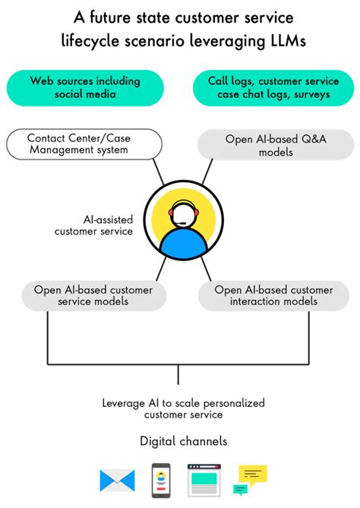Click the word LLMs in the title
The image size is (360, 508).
point(282,43)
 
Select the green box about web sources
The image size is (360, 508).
point(87,87)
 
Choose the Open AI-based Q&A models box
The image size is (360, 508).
point(276,145)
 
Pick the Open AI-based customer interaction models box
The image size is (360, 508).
point(273,295)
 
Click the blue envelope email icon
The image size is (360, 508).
point(117,480)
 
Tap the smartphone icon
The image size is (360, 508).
point(161,479)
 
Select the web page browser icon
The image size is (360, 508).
point(205,480)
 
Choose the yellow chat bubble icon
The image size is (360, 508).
point(253,475)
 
